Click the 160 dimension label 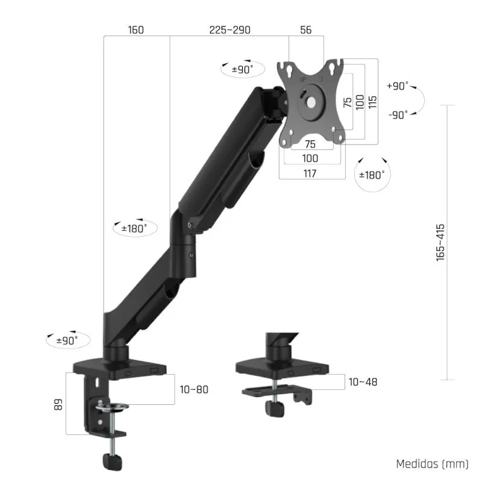click(x=136, y=30)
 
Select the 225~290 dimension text click(x=230, y=30)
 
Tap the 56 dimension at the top click(x=306, y=30)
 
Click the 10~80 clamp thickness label click(x=194, y=389)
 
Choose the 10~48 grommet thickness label click(x=363, y=382)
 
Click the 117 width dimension click(x=311, y=174)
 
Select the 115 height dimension click(x=372, y=101)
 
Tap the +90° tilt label click(x=398, y=86)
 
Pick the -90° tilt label click(x=398, y=114)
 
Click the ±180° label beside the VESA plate click(x=372, y=175)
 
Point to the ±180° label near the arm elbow click(x=134, y=229)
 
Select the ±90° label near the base click(x=68, y=340)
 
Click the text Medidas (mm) click(x=431, y=464)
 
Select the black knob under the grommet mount click(x=277, y=410)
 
